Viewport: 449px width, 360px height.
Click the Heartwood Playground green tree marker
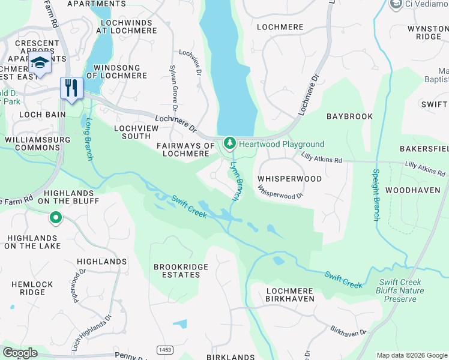click(229, 143)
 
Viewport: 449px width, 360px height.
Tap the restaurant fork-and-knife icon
click(71, 88)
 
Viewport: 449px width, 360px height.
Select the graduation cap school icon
click(40, 62)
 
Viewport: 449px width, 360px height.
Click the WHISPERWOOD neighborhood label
click(289, 179)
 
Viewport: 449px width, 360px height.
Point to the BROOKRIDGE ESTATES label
click(181, 271)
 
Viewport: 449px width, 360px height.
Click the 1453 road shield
click(164, 349)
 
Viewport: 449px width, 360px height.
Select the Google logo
click(20, 353)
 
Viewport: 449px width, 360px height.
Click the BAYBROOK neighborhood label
click(349, 116)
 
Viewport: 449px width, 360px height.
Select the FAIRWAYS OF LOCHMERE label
click(185, 149)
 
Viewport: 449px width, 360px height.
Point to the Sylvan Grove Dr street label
click(173, 89)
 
